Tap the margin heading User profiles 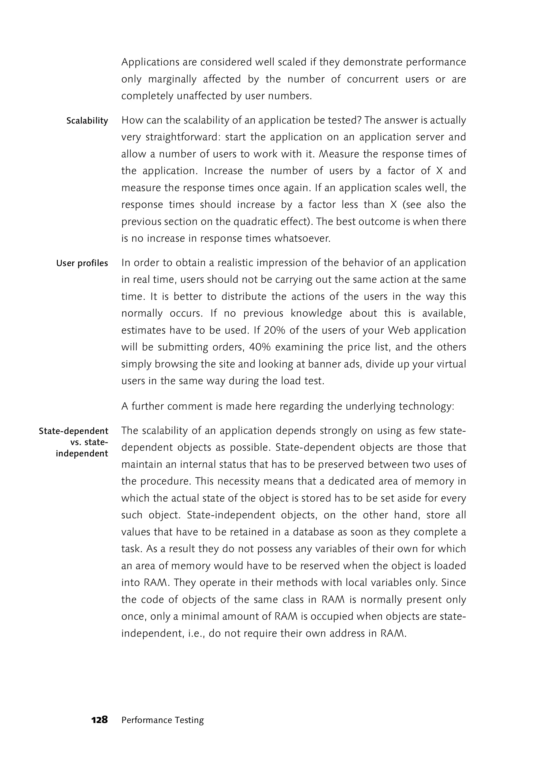point(82,263)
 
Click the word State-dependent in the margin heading point(74,431)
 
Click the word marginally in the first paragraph point(172,79)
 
